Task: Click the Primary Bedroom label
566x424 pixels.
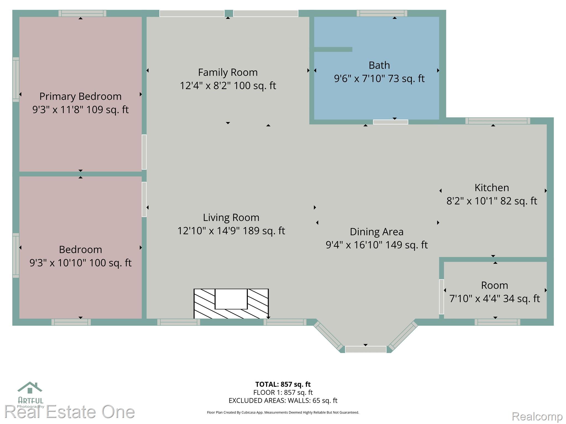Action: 80,96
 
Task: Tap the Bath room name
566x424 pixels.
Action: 379,65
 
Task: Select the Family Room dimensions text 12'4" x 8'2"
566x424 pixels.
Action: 205,86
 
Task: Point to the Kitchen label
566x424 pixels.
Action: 492,188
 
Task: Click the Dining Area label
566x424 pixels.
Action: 377,232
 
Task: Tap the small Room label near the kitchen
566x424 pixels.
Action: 494,285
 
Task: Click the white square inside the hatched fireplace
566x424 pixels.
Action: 231,299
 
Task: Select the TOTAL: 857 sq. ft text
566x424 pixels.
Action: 283,384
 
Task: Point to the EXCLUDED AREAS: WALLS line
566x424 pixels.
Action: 283,401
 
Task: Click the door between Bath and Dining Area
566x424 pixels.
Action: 391,122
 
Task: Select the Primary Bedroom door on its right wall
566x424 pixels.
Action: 144,152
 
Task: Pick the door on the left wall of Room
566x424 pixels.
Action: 441,297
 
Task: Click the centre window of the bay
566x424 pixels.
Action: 366,349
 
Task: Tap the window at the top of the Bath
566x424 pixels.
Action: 382,13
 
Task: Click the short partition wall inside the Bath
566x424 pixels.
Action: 333,49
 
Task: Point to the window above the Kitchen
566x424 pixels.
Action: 498,121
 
